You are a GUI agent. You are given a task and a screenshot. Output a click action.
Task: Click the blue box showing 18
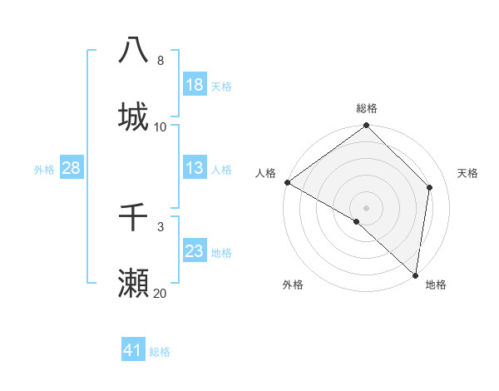click(x=194, y=85)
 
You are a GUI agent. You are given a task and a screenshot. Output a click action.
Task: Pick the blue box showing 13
click(x=194, y=169)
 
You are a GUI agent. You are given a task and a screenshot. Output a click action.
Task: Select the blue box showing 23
click(x=194, y=252)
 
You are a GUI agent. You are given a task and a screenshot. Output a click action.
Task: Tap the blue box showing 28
click(x=72, y=169)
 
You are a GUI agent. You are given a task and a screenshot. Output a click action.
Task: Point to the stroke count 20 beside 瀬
click(x=160, y=294)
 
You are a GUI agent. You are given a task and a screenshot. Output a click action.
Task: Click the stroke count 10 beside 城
click(x=160, y=126)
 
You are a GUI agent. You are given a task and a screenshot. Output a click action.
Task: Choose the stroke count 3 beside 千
click(x=160, y=226)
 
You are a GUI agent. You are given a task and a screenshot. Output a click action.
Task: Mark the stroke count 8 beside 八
click(x=160, y=60)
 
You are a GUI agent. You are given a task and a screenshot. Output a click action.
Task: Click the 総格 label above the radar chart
click(x=367, y=108)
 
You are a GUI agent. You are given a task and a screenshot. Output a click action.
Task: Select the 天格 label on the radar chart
click(x=467, y=173)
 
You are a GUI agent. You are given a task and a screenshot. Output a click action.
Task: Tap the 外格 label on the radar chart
click(x=293, y=285)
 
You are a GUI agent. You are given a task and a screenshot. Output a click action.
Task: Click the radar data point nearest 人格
click(x=287, y=182)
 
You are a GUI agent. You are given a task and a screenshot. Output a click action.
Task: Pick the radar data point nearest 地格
click(x=415, y=275)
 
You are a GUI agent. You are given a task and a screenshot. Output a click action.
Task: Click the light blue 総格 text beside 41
click(x=160, y=352)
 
